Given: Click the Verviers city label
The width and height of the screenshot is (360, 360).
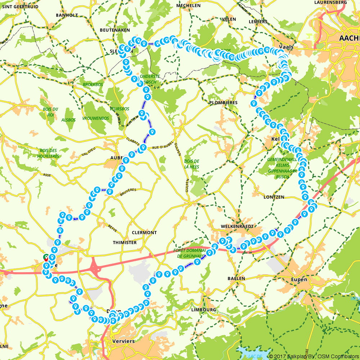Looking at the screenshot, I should tap(123, 341).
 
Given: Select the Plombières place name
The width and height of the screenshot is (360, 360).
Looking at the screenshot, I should tap(223, 103).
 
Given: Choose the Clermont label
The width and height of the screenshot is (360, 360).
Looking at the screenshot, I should tap(144, 233).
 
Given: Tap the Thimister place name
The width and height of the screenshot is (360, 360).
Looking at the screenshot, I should tap(125, 243).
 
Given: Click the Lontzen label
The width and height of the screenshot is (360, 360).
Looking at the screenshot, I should tap(274, 197).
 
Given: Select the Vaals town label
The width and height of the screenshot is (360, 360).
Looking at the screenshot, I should tap(286, 47).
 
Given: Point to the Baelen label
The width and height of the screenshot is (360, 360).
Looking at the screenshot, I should tap(236, 278).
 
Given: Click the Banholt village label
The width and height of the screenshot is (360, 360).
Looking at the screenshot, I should tap(67, 15).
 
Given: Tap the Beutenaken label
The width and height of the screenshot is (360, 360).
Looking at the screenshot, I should tap(115, 30).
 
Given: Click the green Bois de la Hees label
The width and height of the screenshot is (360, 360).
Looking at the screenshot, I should tap(192, 164).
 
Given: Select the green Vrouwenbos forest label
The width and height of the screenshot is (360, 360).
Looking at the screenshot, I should tap(95, 118).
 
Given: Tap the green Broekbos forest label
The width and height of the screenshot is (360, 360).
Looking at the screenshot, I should tap(93, 85).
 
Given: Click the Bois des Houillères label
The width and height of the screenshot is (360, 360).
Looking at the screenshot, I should tap(48, 153).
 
